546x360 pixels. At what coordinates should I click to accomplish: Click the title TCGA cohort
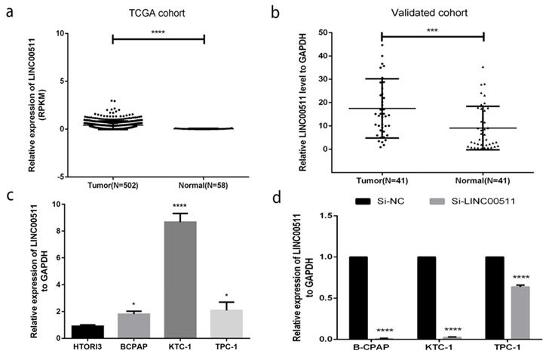(158, 13)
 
